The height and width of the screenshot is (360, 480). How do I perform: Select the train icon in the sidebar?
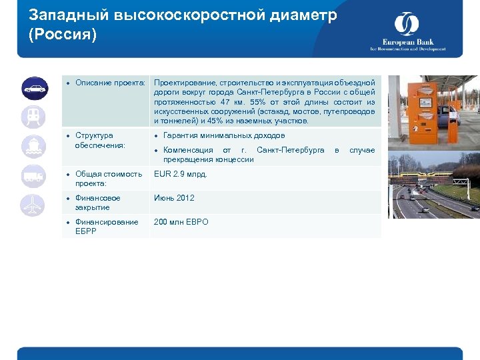(33, 117)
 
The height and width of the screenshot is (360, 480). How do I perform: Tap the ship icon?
(33, 147)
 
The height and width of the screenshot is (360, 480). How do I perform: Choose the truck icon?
(33, 176)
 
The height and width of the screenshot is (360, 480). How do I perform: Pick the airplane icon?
(33, 205)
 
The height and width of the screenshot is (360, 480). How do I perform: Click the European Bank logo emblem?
(407, 25)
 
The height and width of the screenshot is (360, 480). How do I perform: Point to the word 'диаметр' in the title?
(301, 15)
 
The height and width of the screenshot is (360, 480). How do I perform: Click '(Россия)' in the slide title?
(63, 34)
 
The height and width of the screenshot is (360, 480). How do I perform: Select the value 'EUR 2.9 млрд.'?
(180, 174)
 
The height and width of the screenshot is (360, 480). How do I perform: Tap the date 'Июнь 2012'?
(174, 198)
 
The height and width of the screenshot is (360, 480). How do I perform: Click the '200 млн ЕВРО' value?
(181, 222)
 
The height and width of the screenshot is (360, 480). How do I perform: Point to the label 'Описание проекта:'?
(110, 83)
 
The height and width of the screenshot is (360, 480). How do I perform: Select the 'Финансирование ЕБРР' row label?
(106, 227)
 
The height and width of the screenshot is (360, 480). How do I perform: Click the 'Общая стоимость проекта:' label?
(108, 179)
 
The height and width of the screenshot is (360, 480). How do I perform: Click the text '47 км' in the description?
(234, 102)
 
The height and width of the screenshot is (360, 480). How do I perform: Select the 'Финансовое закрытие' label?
(97, 203)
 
